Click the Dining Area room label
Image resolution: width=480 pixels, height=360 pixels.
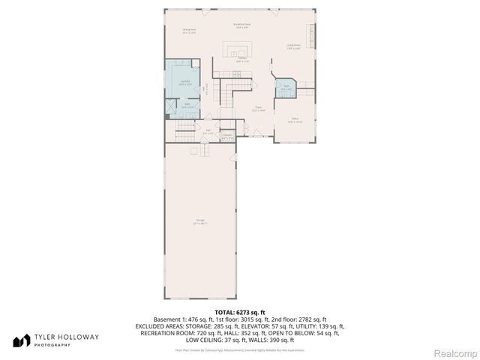tap(189, 31)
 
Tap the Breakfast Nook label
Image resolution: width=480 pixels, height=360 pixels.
tap(241, 25)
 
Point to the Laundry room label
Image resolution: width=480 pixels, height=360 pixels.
tap(184, 82)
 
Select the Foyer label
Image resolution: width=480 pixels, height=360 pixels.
tap(256, 109)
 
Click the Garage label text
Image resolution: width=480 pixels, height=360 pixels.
tap(199, 221)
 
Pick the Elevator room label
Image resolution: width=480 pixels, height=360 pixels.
tap(227, 137)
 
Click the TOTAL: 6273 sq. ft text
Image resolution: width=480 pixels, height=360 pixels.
tap(240, 312)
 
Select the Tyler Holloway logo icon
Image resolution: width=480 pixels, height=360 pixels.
tap(22, 340)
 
